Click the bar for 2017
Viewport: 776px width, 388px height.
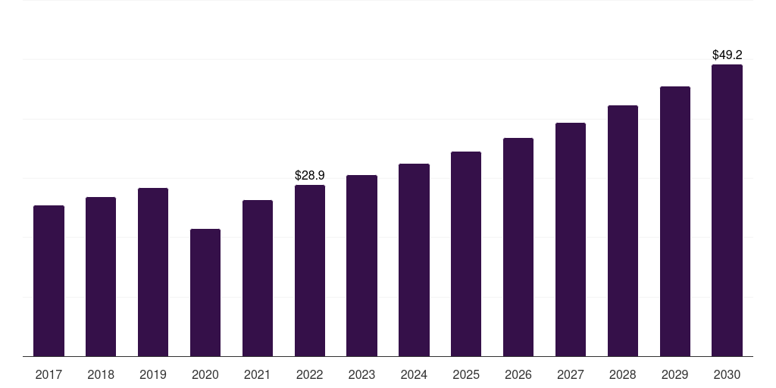click(x=48, y=280)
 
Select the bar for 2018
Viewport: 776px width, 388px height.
click(x=101, y=277)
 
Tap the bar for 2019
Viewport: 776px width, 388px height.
click(x=153, y=272)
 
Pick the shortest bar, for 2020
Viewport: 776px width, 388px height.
click(x=205, y=293)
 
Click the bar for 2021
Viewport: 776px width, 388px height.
click(x=258, y=278)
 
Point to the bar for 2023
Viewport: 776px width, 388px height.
click(x=361, y=266)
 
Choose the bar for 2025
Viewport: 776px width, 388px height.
click(x=466, y=254)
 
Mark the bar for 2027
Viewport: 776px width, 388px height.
click(x=571, y=239)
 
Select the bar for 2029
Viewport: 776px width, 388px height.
click(x=675, y=221)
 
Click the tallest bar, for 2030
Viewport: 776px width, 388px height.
click(x=727, y=211)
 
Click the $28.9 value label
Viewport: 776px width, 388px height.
click(x=310, y=175)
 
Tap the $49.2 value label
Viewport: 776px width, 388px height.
click(x=727, y=55)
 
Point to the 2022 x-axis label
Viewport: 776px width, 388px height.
click(x=310, y=375)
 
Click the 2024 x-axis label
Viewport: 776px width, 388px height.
click(x=414, y=375)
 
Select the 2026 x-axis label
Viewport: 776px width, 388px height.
click(x=518, y=375)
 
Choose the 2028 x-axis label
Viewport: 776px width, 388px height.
click(x=623, y=375)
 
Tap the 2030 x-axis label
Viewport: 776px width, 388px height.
click(x=727, y=375)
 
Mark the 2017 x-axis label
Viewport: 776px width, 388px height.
click(x=48, y=375)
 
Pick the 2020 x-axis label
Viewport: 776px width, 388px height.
click(x=205, y=375)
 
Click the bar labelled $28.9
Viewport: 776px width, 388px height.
click(x=310, y=271)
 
